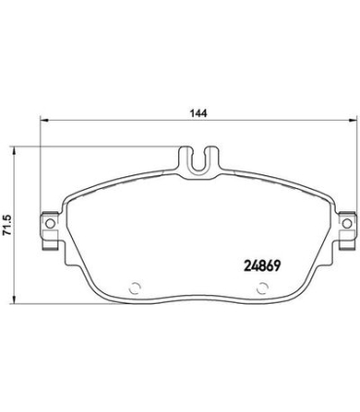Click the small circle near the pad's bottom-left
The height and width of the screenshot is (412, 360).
(135, 288)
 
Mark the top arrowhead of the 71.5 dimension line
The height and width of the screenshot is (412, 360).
(15, 149)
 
